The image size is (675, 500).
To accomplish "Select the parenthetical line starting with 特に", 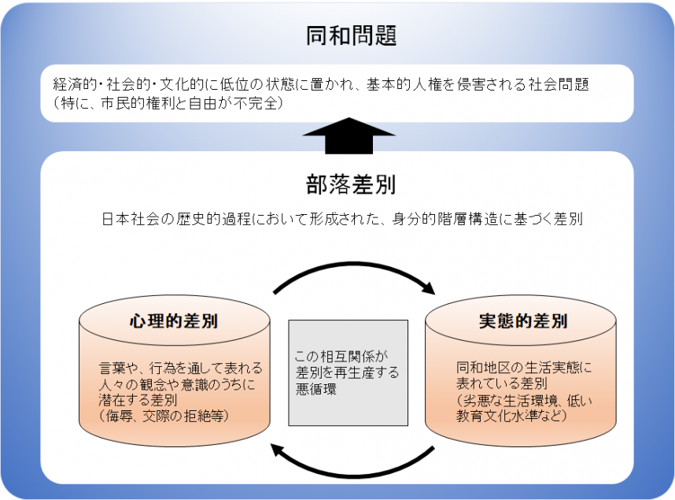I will click(168, 103).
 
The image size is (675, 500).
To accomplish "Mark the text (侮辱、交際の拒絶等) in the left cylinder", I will click(164, 416).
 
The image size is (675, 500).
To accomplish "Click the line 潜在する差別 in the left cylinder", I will click(138, 400).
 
